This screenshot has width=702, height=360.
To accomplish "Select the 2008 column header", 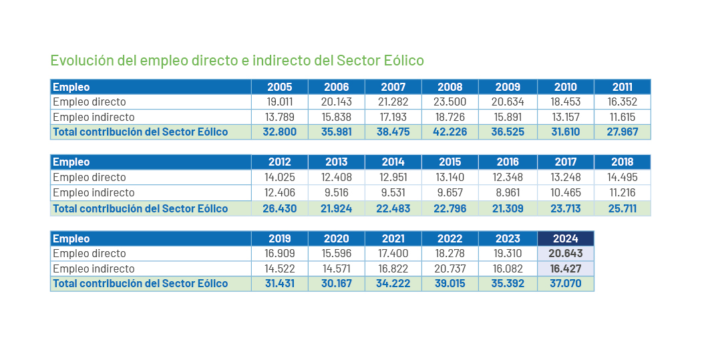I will (x=450, y=87).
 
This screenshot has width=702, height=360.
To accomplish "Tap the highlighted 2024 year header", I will (x=565, y=238).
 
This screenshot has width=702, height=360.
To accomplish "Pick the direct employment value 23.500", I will (x=450, y=102).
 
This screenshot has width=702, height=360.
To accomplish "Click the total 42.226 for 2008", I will (x=450, y=132).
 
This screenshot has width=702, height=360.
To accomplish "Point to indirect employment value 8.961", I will (x=508, y=193).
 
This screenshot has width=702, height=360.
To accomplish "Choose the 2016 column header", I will (x=508, y=162).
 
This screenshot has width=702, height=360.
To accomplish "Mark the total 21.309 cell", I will (x=508, y=208).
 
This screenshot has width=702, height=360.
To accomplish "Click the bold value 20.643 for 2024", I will (x=565, y=254).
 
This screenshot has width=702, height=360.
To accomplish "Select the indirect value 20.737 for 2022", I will (x=450, y=269).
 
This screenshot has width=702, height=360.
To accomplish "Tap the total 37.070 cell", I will (x=565, y=284).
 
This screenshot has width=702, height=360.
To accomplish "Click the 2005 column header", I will (x=280, y=87).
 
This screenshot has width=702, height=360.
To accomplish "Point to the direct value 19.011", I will (x=280, y=102).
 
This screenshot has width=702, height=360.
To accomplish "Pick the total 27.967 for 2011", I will (x=622, y=132).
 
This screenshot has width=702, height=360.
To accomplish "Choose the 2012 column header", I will (x=280, y=162).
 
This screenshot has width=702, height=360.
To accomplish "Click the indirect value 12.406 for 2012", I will (x=280, y=193).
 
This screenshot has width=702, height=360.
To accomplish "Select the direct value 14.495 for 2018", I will (x=622, y=178).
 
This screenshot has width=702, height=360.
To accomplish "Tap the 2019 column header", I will (x=280, y=238).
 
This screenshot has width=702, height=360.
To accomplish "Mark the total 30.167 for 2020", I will (x=337, y=284).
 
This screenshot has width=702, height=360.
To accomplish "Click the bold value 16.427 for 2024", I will (x=565, y=269).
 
